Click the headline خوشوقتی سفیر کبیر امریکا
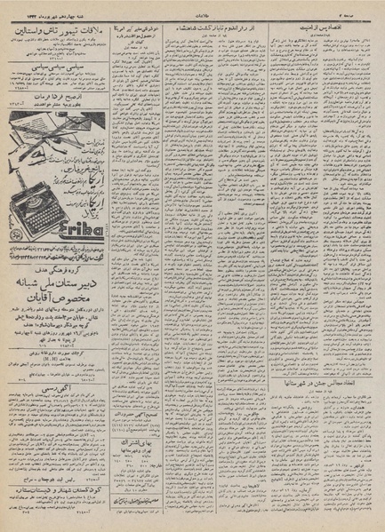138,28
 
